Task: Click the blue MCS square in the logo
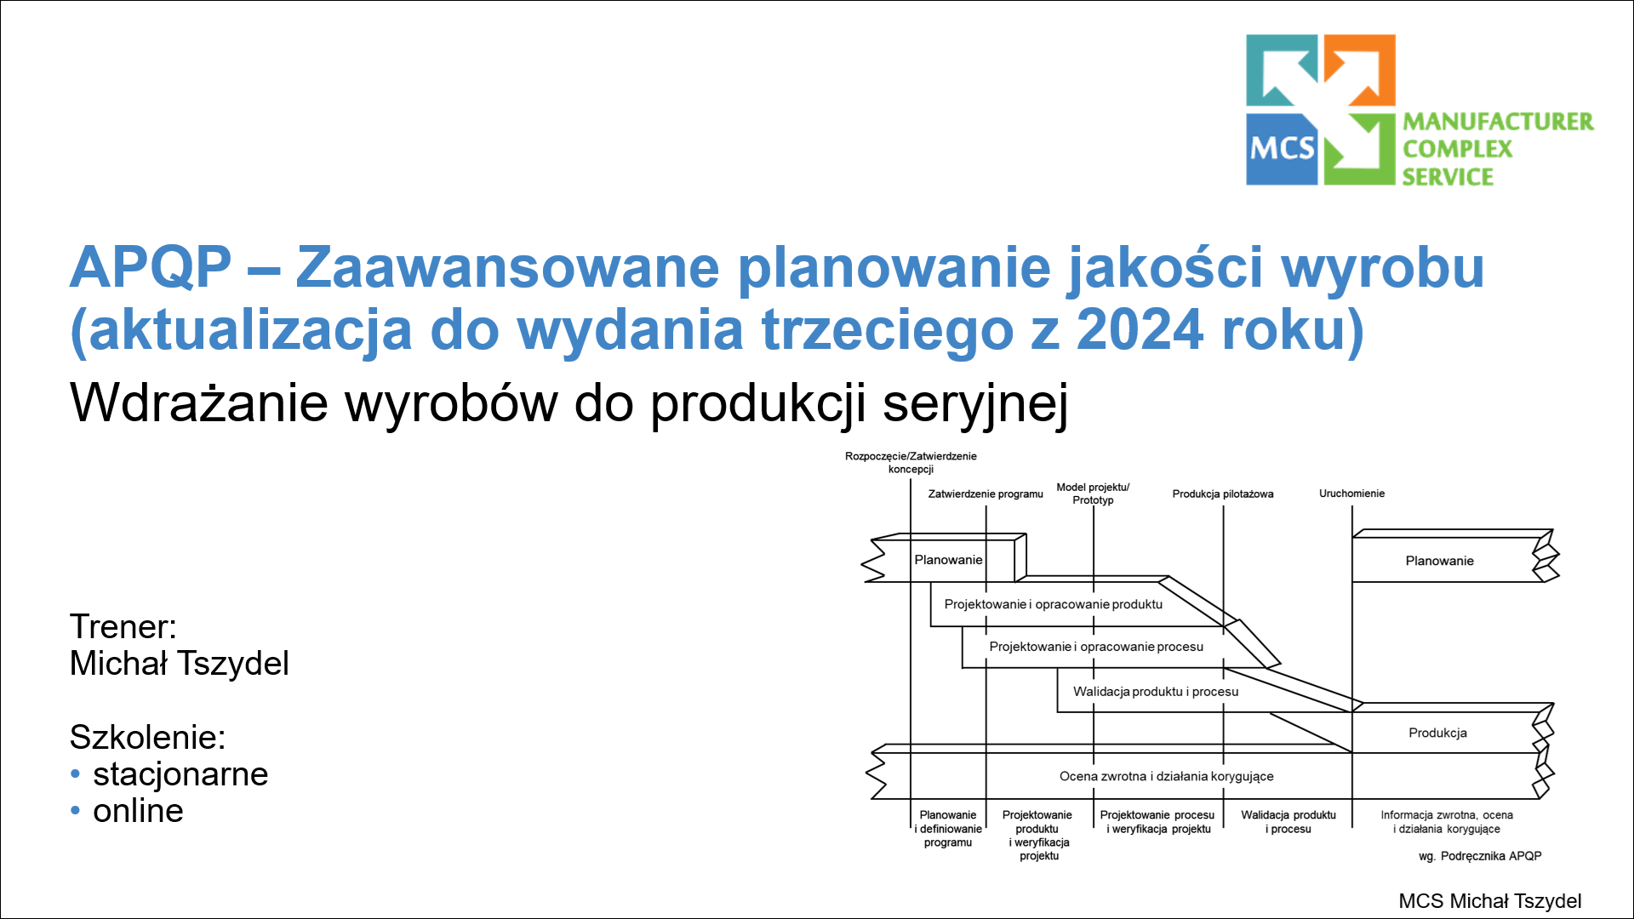(1282, 149)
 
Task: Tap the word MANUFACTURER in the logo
(1498, 122)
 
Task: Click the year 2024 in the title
(1140, 329)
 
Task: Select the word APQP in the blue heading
(151, 267)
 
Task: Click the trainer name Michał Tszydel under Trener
(180, 664)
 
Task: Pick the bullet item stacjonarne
(180, 774)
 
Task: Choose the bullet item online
(138, 811)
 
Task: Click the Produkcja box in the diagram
(1437, 733)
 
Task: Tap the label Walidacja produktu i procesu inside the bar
(1155, 692)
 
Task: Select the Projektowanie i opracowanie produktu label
(1053, 604)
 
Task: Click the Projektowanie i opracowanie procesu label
(1096, 647)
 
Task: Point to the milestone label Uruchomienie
(1351, 494)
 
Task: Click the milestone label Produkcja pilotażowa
(1222, 494)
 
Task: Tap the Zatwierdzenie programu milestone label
(985, 494)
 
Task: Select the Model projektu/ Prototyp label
(1093, 494)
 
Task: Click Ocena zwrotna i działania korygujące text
(1166, 776)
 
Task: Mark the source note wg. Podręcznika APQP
(1480, 856)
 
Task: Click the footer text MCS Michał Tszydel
(1489, 901)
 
